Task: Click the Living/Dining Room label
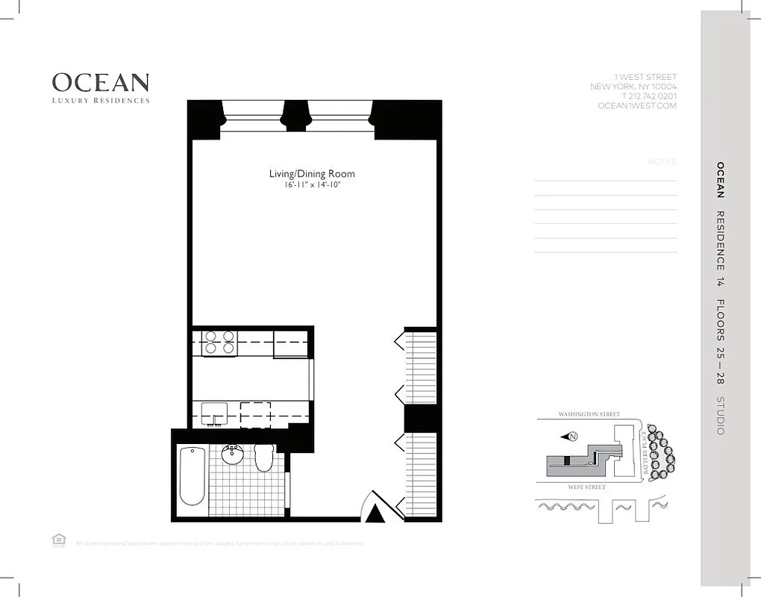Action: click(x=312, y=174)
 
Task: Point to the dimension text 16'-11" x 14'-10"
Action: click(x=312, y=185)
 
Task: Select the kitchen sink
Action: click(x=214, y=412)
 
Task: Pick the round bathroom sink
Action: click(x=233, y=455)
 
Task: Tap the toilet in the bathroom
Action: click(x=263, y=457)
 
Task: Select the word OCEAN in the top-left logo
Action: click(x=101, y=82)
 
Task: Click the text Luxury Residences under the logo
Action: click(x=101, y=100)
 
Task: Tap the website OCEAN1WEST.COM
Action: click(x=637, y=106)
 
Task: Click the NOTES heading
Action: click(x=663, y=162)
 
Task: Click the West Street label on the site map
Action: click(x=586, y=487)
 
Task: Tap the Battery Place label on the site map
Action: click(x=642, y=455)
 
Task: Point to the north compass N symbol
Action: click(x=571, y=437)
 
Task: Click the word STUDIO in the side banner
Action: click(x=720, y=416)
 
